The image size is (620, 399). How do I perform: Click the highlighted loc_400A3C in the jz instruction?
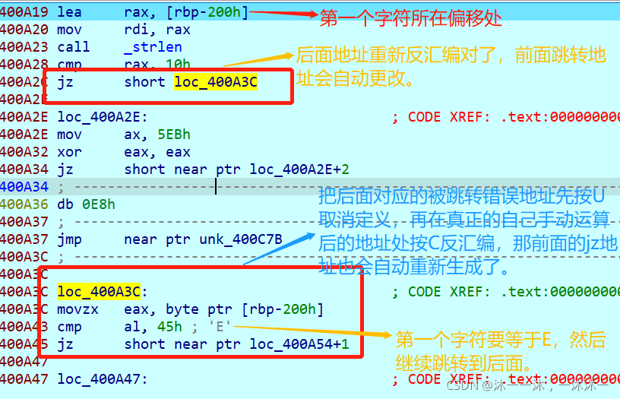coord(216,82)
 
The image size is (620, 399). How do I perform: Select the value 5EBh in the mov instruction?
coord(174,135)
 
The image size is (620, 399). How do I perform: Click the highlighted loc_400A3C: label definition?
coord(99,291)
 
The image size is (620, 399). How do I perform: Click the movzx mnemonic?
coord(74,309)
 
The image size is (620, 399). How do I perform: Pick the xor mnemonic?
coord(69,152)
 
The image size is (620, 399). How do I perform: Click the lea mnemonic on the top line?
coord(69,12)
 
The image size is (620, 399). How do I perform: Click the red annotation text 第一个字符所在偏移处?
coord(410,19)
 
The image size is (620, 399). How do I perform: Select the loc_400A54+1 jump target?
coord(299,344)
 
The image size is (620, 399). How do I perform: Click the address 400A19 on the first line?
coord(23,12)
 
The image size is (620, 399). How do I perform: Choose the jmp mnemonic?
coord(69,239)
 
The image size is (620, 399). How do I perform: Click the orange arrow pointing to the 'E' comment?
coord(312,331)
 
